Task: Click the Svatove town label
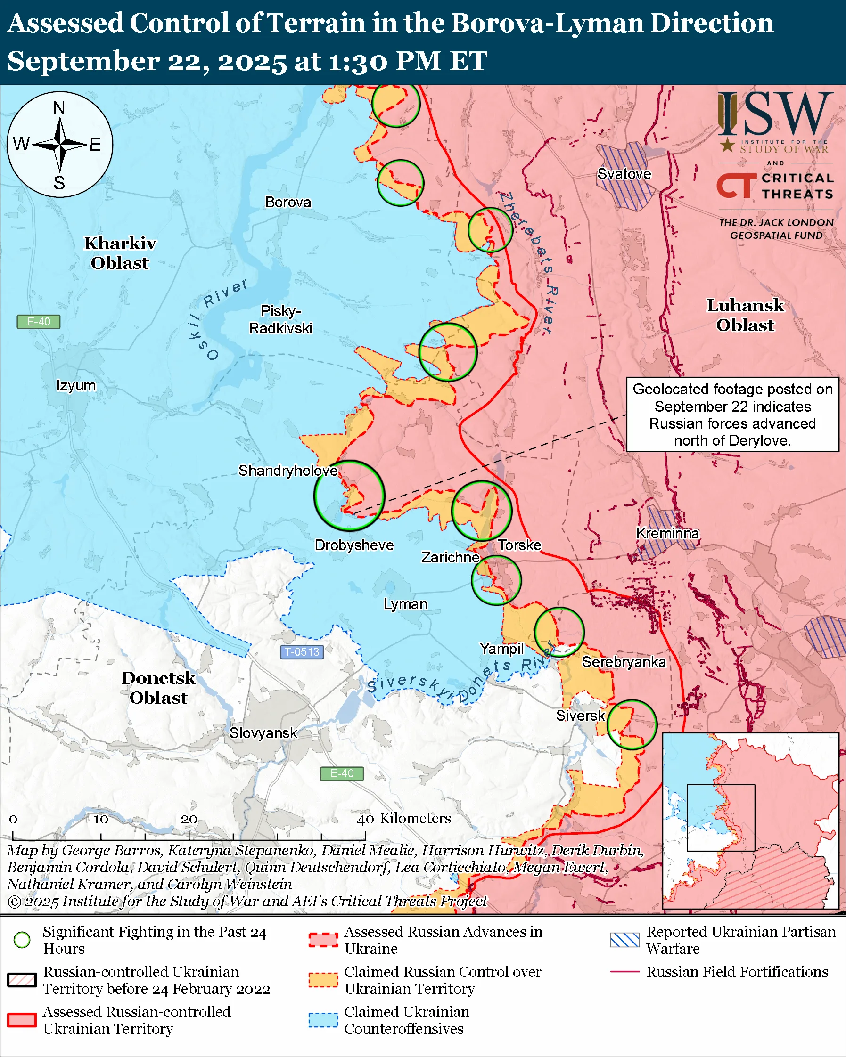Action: (x=624, y=174)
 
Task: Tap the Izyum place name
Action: (x=76, y=385)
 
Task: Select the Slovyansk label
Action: (x=263, y=733)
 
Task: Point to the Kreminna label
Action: (x=667, y=533)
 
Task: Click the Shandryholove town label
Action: (x=288, y=471)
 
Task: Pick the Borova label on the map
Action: (x=288, y=202)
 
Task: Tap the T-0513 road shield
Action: (x=302, y=652)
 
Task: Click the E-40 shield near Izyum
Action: (x=38, y=322)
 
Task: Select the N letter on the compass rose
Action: (x=59, y=108)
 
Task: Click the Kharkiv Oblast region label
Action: (x=120, y=253)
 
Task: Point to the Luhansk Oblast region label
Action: (x=745, y=315)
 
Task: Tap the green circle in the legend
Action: (x=22, y=940)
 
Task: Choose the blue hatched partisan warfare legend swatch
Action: (x=624, y=940)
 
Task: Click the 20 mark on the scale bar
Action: (x=189, y=819)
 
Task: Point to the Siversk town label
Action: (x=580, y=716)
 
